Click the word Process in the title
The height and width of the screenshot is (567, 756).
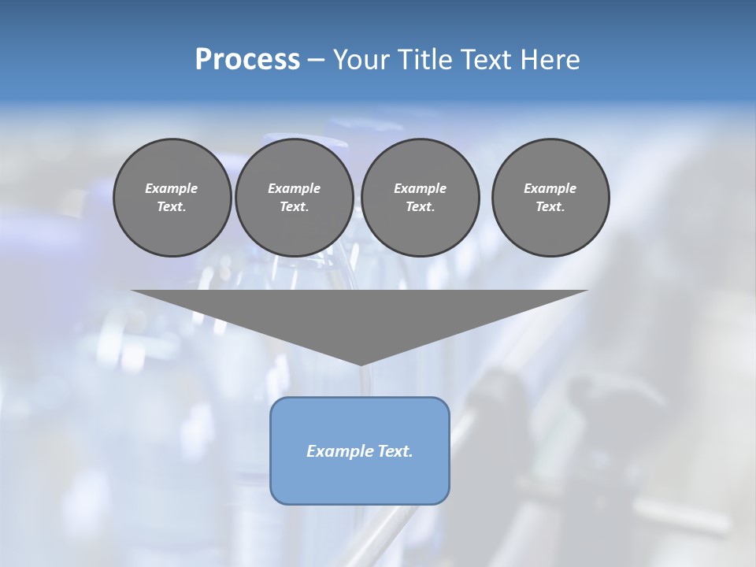click(247, 60)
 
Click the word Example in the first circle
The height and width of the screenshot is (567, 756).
click(172, 188)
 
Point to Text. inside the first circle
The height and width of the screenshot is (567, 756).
click(172, 207)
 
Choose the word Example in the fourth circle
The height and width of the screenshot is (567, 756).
click(550, 188)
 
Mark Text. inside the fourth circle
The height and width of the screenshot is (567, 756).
click(550, 207)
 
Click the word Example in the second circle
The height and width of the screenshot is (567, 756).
click(295, 188)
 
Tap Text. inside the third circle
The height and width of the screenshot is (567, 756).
click(420, 207)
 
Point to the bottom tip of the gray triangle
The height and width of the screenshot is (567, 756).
click(360, 363)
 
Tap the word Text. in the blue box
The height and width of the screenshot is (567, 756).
click(394, 451)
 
